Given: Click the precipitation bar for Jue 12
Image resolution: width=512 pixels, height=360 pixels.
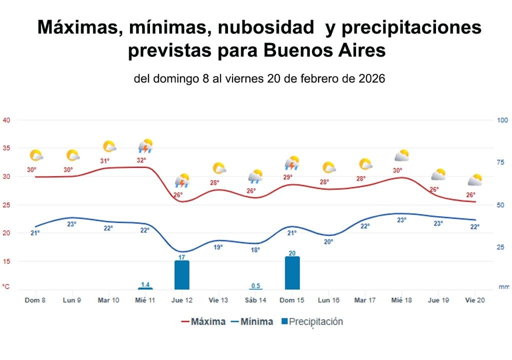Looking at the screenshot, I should [182, 275].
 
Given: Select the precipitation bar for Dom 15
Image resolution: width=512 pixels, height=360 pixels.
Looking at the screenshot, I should [292, 273].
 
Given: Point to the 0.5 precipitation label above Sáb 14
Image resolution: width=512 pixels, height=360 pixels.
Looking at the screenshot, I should [255, 285].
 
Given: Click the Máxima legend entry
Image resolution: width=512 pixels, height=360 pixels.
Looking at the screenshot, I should [203, 321].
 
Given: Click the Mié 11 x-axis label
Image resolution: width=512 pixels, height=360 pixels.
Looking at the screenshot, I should [145, 300].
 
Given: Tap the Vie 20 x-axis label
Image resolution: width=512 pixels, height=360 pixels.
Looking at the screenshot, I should [474, 300].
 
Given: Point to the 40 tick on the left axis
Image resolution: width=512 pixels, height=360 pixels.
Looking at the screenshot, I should [7, 120].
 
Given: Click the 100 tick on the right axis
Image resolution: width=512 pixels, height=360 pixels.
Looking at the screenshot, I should [502, 120].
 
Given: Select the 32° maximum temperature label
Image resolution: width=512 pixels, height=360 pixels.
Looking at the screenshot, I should [141, 160].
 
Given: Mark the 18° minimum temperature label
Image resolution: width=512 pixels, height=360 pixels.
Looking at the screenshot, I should [255, 249].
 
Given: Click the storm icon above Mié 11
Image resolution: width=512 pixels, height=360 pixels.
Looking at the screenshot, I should [145, 146].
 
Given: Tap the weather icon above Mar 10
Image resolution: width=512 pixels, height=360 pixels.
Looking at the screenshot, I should [109, 146].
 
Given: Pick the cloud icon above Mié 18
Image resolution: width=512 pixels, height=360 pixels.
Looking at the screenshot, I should [401, 155].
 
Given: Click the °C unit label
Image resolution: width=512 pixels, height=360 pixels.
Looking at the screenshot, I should [6, 287].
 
